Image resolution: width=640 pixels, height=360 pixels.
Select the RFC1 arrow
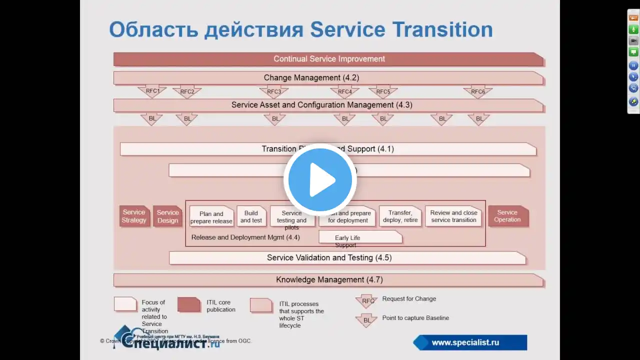click(152, 91)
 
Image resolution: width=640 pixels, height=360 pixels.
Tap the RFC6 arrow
click(477, 91)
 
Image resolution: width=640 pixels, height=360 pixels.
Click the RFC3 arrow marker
click(273, 91)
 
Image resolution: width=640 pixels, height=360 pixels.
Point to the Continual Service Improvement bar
click(328, 59)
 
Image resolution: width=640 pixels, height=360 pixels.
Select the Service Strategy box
click(134, 216)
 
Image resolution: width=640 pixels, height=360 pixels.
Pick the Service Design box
click(167, 216)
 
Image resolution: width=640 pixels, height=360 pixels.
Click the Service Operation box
click(507, 216)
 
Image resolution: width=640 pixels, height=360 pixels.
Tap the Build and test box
click(251, 216)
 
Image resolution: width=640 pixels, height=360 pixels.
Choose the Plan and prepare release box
click(211, 217)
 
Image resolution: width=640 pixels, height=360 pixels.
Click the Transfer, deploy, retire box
click(400, 216)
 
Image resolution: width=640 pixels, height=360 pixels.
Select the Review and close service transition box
click(453, 216)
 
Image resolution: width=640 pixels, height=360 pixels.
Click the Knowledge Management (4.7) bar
click(328, 280)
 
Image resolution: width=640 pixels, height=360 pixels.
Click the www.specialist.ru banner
click(469, 342)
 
